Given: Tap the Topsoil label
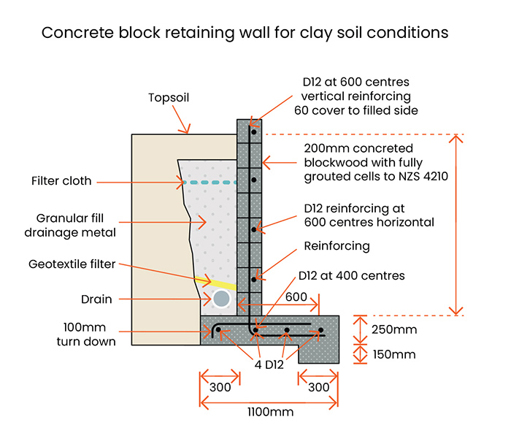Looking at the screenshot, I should point(169,97).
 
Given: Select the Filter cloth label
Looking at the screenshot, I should point(61,180).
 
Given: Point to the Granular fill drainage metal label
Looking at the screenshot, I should point(66,225).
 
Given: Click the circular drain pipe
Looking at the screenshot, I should point(221,298).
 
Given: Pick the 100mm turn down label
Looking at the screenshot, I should point(86,334).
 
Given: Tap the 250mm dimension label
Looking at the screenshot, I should point(394,329).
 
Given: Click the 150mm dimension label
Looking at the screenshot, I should point(394,355).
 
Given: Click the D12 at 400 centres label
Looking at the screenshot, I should point(351,275).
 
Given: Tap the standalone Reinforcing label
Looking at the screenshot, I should point(338,246).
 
